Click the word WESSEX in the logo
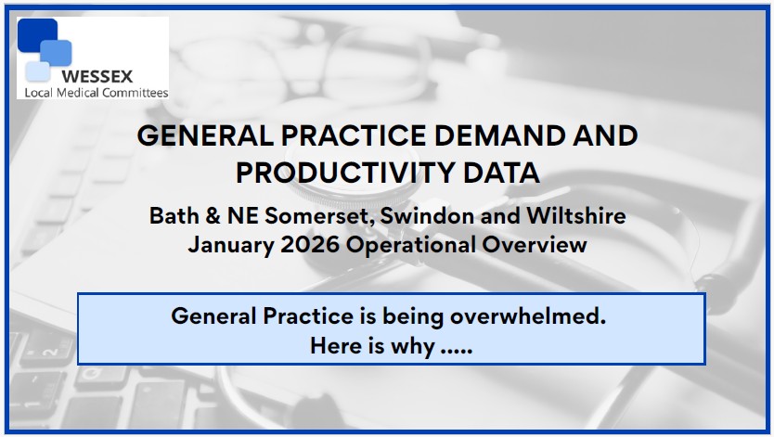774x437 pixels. pyautogui.click(x=97, y=76)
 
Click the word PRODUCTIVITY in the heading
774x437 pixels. pyautogui.click(x=345, y=173)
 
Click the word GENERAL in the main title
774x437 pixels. pyautogui.click(x=205, y=135)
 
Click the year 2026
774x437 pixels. pyautogui.click(x=310, y=244)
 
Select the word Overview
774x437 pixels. pyautogui.click(x=535, y=244)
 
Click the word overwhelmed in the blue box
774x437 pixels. pyautogui.click(x=528, y=315)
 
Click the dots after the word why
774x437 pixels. pyautogui.click(x=457, y=352)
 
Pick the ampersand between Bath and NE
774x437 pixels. pyautogui.click(x=213, y=215)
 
